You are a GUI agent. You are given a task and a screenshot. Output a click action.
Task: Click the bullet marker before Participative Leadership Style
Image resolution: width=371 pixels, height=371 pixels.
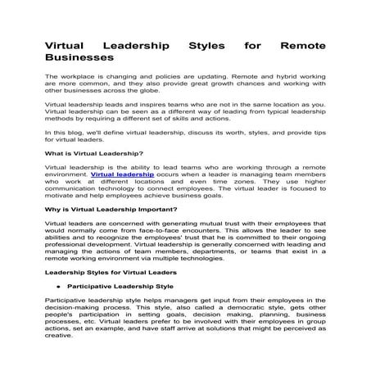tap(58, 288)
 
